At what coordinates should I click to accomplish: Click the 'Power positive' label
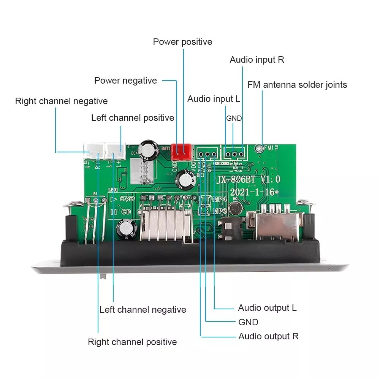tap(182, 42)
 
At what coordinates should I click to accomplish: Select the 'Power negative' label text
tap(125, 81)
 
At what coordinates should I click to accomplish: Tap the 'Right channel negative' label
tap(61, 101)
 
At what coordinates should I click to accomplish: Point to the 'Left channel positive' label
tap(133, 118)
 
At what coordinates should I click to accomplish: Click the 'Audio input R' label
tap(257, 60)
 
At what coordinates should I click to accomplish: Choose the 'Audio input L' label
tap(214, 99)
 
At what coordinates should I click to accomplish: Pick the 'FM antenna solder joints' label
tap(297, 84)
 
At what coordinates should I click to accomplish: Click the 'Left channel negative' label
tap(143, 310)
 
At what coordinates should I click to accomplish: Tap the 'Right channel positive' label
tap(132, 342)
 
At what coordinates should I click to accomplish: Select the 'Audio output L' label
tap(267, 308)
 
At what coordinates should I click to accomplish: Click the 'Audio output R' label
tap(268, 336)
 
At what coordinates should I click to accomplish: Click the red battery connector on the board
tap(181, 152)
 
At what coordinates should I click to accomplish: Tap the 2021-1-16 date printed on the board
tap(252, 192)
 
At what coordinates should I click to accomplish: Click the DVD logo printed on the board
tap(127, 199)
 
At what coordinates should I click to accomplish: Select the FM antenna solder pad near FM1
tap(259, 147)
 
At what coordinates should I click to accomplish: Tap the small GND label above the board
tap(234, 118)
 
